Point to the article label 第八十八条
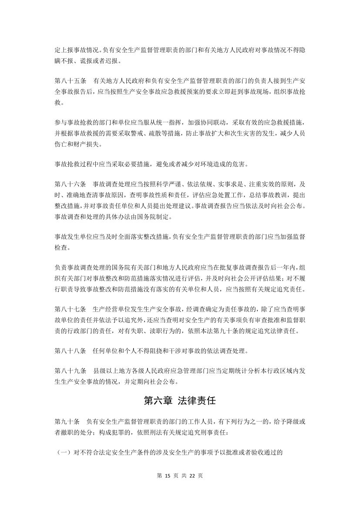click(x=70, y=350)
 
